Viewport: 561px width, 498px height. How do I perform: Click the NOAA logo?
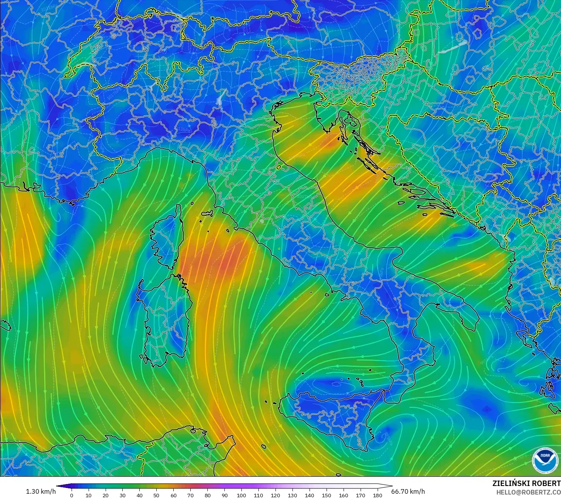(x=545, y=460)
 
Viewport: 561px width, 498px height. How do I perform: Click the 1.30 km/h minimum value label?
(x=41, y=491)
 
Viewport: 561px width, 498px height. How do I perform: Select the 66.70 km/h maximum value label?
(x=408, y=491)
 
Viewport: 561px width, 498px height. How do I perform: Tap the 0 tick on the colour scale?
(x=72, y=495)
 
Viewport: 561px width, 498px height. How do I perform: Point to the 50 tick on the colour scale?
(x=156, y=495)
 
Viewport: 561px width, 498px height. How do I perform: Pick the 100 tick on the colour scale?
(x=241, y=495)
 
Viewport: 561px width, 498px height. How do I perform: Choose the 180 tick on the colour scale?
(x=377, y=495)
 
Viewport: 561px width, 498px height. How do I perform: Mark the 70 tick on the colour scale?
(x=190, y=495)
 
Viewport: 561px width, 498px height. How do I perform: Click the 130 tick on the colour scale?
(x=292, y=495)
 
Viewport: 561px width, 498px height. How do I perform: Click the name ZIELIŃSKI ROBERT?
(x=526, y=483)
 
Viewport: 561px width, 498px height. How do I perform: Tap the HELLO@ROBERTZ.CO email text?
(x=529, y=492)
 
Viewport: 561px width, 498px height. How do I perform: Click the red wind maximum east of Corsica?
(x=224, y=259)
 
